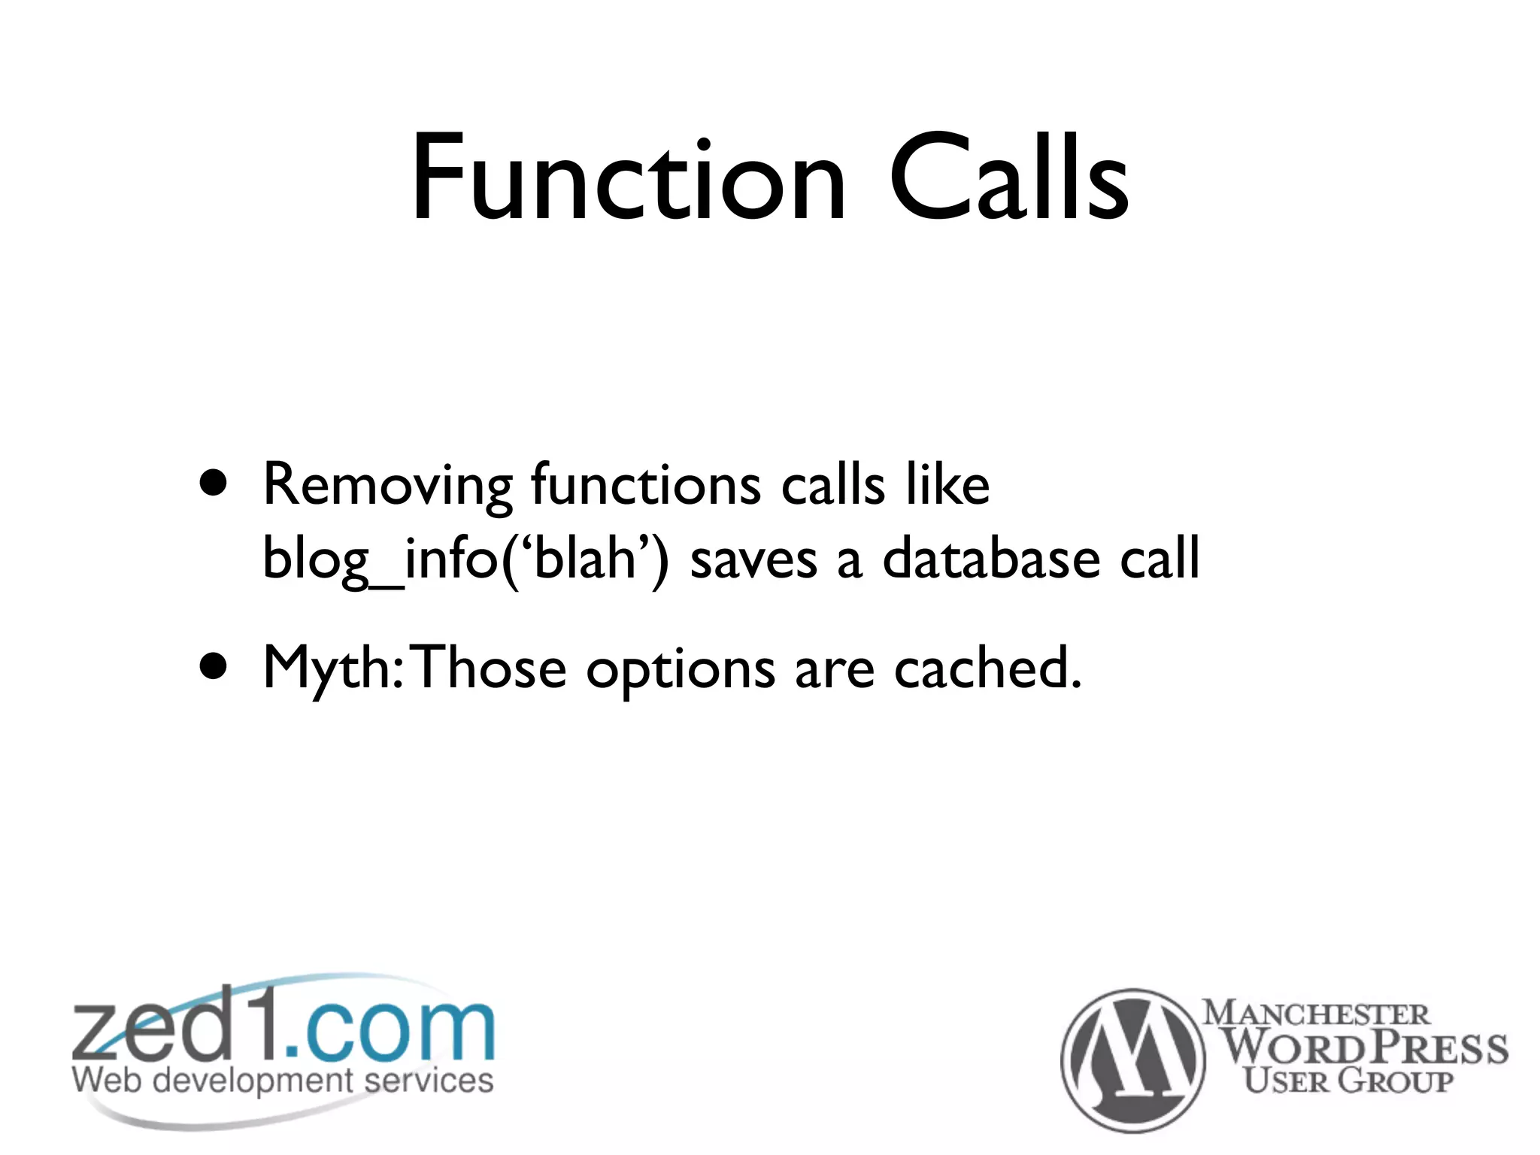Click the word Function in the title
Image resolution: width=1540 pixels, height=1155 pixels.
629,179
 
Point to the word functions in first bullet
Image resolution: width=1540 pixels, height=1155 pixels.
646,484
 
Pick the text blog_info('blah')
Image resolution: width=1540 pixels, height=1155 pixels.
465,559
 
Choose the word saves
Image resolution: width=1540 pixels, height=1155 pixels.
753,561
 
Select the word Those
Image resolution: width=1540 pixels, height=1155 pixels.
490,668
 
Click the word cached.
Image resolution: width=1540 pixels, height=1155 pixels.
987,668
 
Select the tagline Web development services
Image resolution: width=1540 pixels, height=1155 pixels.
283,1081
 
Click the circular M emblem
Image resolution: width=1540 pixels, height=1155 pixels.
1132,1060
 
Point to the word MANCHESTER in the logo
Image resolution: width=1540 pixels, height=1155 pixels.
1316,1013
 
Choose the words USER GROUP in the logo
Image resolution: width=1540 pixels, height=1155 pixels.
1347,1081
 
